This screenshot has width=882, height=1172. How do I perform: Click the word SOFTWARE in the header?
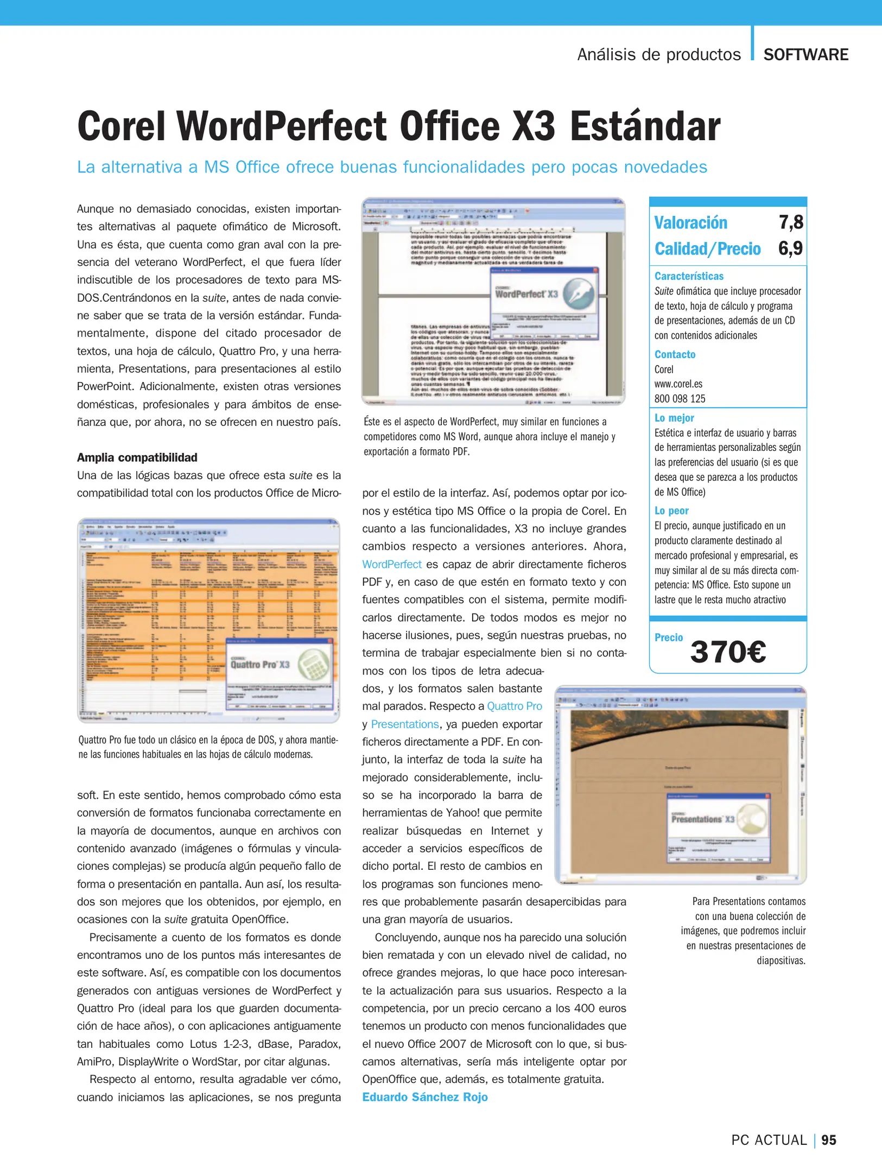click(805, 55)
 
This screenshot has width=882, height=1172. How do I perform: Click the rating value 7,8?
click(790, 222)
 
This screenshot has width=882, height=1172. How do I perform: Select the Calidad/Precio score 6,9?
click(790, 248)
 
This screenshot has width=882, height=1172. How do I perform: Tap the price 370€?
click(728, 652)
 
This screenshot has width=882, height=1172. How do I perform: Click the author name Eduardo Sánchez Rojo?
click(425, 1097)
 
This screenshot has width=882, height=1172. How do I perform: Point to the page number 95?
click(828, 1140)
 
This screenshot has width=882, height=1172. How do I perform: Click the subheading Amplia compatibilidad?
click(137, 457)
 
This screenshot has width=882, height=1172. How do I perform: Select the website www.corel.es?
click(678, 384)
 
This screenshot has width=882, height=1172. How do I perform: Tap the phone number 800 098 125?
click(680, 398)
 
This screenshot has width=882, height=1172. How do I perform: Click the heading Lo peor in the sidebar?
click(671, 511)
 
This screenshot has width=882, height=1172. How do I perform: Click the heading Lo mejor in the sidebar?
click(674, 418)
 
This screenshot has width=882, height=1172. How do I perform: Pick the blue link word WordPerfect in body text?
click(392, 564)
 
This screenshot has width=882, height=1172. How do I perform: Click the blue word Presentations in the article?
click(404, 724)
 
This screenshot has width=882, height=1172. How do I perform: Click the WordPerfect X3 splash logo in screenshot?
click(544, 295)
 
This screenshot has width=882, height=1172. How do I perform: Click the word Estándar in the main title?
click(644, 126)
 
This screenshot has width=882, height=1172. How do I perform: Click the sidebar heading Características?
click(688, 276)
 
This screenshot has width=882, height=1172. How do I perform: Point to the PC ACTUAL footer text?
click(769, 1140)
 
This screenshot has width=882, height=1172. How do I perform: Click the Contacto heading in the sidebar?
click(675, 354)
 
